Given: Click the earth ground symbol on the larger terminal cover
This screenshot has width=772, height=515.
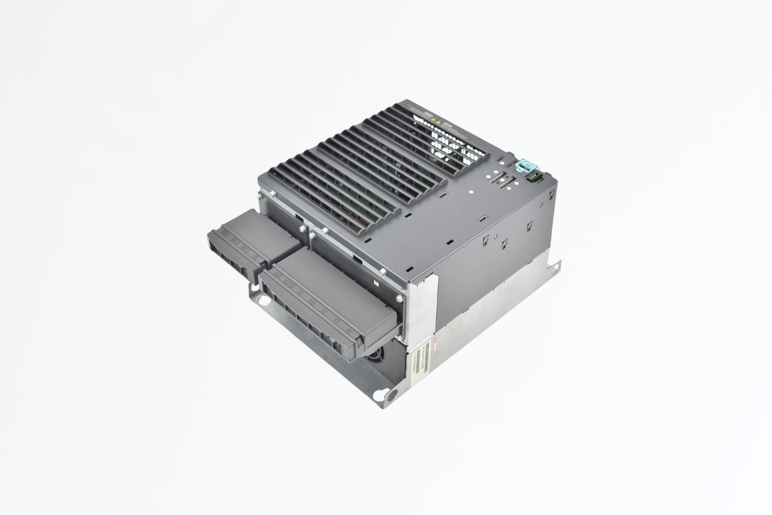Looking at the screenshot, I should pyautogui.click(x=311, y=301).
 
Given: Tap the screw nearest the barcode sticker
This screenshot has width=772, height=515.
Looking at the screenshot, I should pyautogui.click(x=400, y=297).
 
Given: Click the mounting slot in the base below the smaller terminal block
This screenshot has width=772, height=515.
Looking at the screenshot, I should pyautogui.click(x=264, y=299).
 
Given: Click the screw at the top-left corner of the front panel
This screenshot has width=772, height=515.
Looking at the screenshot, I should pyautogui.click(x=271, y=194).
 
